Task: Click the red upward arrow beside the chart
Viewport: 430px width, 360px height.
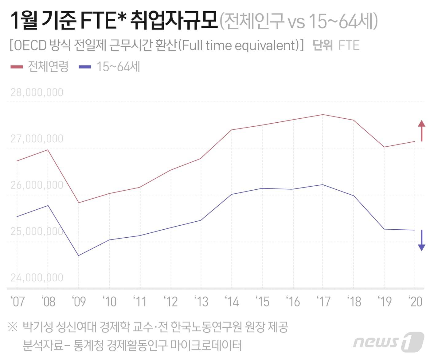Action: coord(421,130)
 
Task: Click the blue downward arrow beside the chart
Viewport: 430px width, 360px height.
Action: coord(421,240)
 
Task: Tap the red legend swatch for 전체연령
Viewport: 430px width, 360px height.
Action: coord(16,66)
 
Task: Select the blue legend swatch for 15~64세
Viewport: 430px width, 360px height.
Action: coord(85,66)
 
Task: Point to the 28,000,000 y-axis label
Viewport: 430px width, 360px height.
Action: coord(37,92)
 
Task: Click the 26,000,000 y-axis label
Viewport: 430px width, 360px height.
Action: coord(37,185)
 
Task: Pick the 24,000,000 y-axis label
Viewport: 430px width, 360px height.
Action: coord(37,278)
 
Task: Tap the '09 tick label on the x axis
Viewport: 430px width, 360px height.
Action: coord(79,302)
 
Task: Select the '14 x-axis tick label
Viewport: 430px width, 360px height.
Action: coord(232,302)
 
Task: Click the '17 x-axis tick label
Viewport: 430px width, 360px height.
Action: coord(323,302)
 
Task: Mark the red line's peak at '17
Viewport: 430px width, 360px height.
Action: coord(323,115)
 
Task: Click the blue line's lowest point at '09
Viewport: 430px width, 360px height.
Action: coord(79,255)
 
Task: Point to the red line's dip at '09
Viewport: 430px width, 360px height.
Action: coord(79,203)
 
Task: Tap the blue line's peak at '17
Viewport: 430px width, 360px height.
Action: coord(323,185)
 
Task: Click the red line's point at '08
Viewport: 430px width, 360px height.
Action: coord(48,150)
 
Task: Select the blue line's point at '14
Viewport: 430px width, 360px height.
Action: coord(232,194)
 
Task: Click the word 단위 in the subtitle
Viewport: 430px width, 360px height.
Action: coord(322,45)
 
